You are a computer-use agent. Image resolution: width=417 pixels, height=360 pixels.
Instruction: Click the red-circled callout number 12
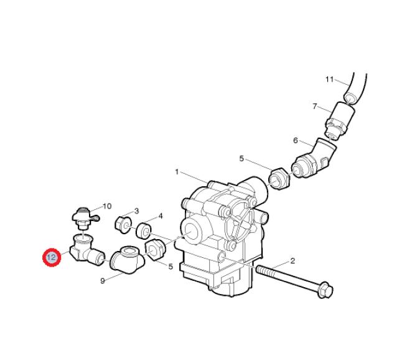pos(52,257)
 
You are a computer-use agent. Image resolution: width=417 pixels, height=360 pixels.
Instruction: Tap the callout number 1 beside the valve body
pos(177,172)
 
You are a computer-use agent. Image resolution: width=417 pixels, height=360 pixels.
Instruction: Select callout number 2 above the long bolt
pos(293,261)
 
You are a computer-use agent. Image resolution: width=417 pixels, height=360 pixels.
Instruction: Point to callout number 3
pos(136,211)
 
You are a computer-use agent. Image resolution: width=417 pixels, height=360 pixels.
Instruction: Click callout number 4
pos(161,216)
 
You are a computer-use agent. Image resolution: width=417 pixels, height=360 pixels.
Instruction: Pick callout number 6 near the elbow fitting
pos(295,140)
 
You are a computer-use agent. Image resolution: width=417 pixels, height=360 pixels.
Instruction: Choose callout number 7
pos(315,107)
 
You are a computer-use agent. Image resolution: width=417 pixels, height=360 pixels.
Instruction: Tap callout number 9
pos(103,281)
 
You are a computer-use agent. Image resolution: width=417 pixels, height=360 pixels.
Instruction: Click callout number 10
pos(107,206)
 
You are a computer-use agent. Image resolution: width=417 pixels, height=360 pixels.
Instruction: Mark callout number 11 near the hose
pos(329,79)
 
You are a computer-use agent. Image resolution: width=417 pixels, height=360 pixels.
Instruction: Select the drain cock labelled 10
pos(84,217)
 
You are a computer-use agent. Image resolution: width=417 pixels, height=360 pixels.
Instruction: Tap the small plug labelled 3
pos(123,225)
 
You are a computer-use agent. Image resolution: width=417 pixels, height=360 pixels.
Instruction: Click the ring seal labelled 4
pos(144,231)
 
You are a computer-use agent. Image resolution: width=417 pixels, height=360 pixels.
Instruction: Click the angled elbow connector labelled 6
pos(314,159)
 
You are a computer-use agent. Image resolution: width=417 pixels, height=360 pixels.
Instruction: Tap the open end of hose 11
pos(352,97)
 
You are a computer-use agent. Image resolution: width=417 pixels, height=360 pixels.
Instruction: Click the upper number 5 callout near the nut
pos(241,159)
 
